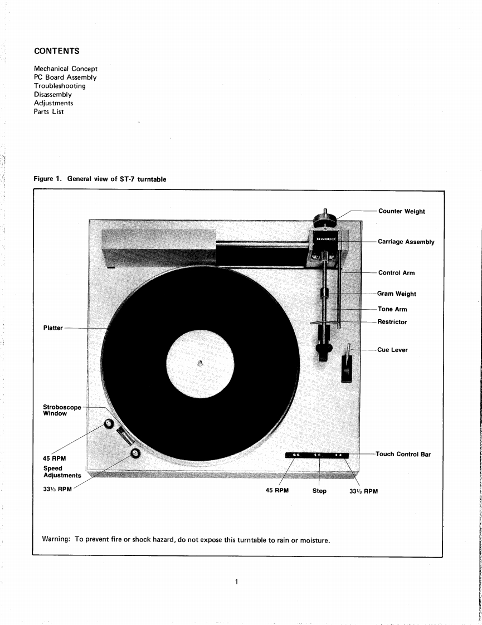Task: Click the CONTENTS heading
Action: (56, 51)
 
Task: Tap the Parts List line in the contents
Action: (49, 111)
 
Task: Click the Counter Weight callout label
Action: (401, 211)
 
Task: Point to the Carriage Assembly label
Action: (406, 242)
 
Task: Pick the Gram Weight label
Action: (397, 294)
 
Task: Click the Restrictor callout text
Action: (392, 322)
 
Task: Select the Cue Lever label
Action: (392, 350)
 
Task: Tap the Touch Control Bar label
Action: (403, 454)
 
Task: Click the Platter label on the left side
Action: (53, 328)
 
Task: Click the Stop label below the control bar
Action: (319, 491)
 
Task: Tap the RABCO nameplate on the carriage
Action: (325, 239)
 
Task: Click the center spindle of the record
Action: (200, 363)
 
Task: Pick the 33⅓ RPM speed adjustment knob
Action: (135, 453)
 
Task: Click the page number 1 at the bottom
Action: (236, 582)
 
